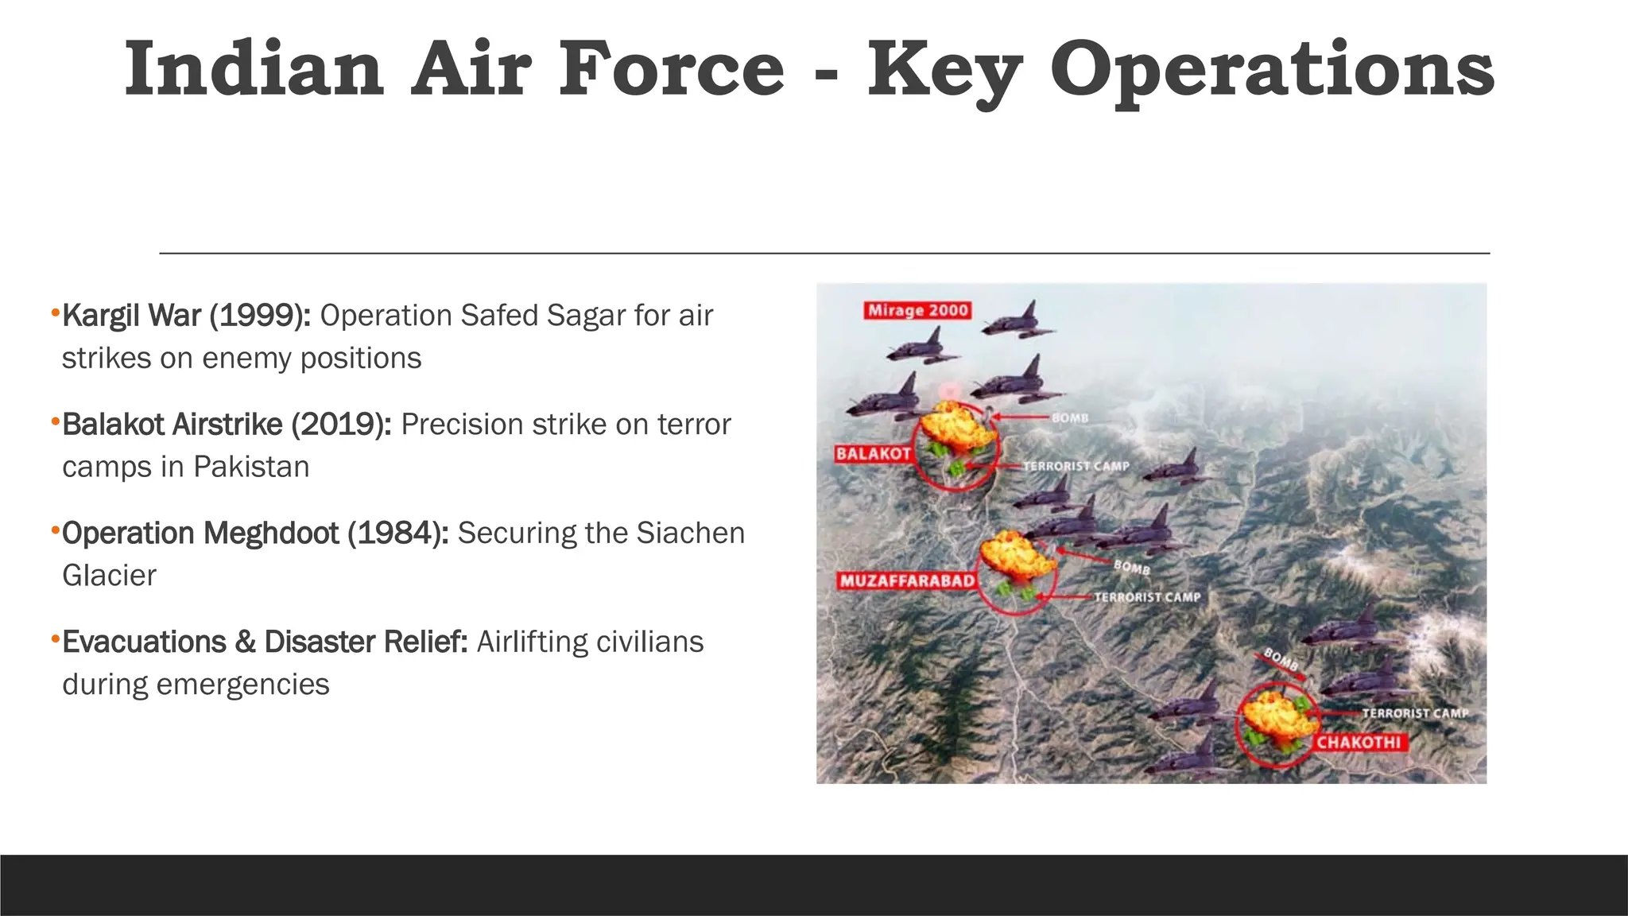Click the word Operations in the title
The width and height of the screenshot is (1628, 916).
tap(1272, 70)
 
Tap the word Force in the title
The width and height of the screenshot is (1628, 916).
tap(672, 70)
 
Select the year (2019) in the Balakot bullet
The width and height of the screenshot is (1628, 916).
tap(341, 425)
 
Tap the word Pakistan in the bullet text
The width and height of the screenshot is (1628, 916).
tap(251, 467)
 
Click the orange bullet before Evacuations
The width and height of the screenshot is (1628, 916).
tap(55, 638)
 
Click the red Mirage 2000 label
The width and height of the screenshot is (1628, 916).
tap(918, 311)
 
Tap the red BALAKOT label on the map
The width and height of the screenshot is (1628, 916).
tap(873, 454)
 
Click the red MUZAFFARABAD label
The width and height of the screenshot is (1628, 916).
tap(907, 581)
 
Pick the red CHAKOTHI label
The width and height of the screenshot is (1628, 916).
tap(1359, 743)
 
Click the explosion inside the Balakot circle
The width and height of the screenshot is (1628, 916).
tap(955, 429)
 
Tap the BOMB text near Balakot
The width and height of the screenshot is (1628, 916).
tap(1070, 418)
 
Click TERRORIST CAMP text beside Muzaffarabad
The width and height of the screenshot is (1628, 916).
tap(1147, 597)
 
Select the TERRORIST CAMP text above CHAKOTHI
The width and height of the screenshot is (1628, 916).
tap(1415, 713)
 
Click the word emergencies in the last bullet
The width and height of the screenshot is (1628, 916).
tap(242, 685)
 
